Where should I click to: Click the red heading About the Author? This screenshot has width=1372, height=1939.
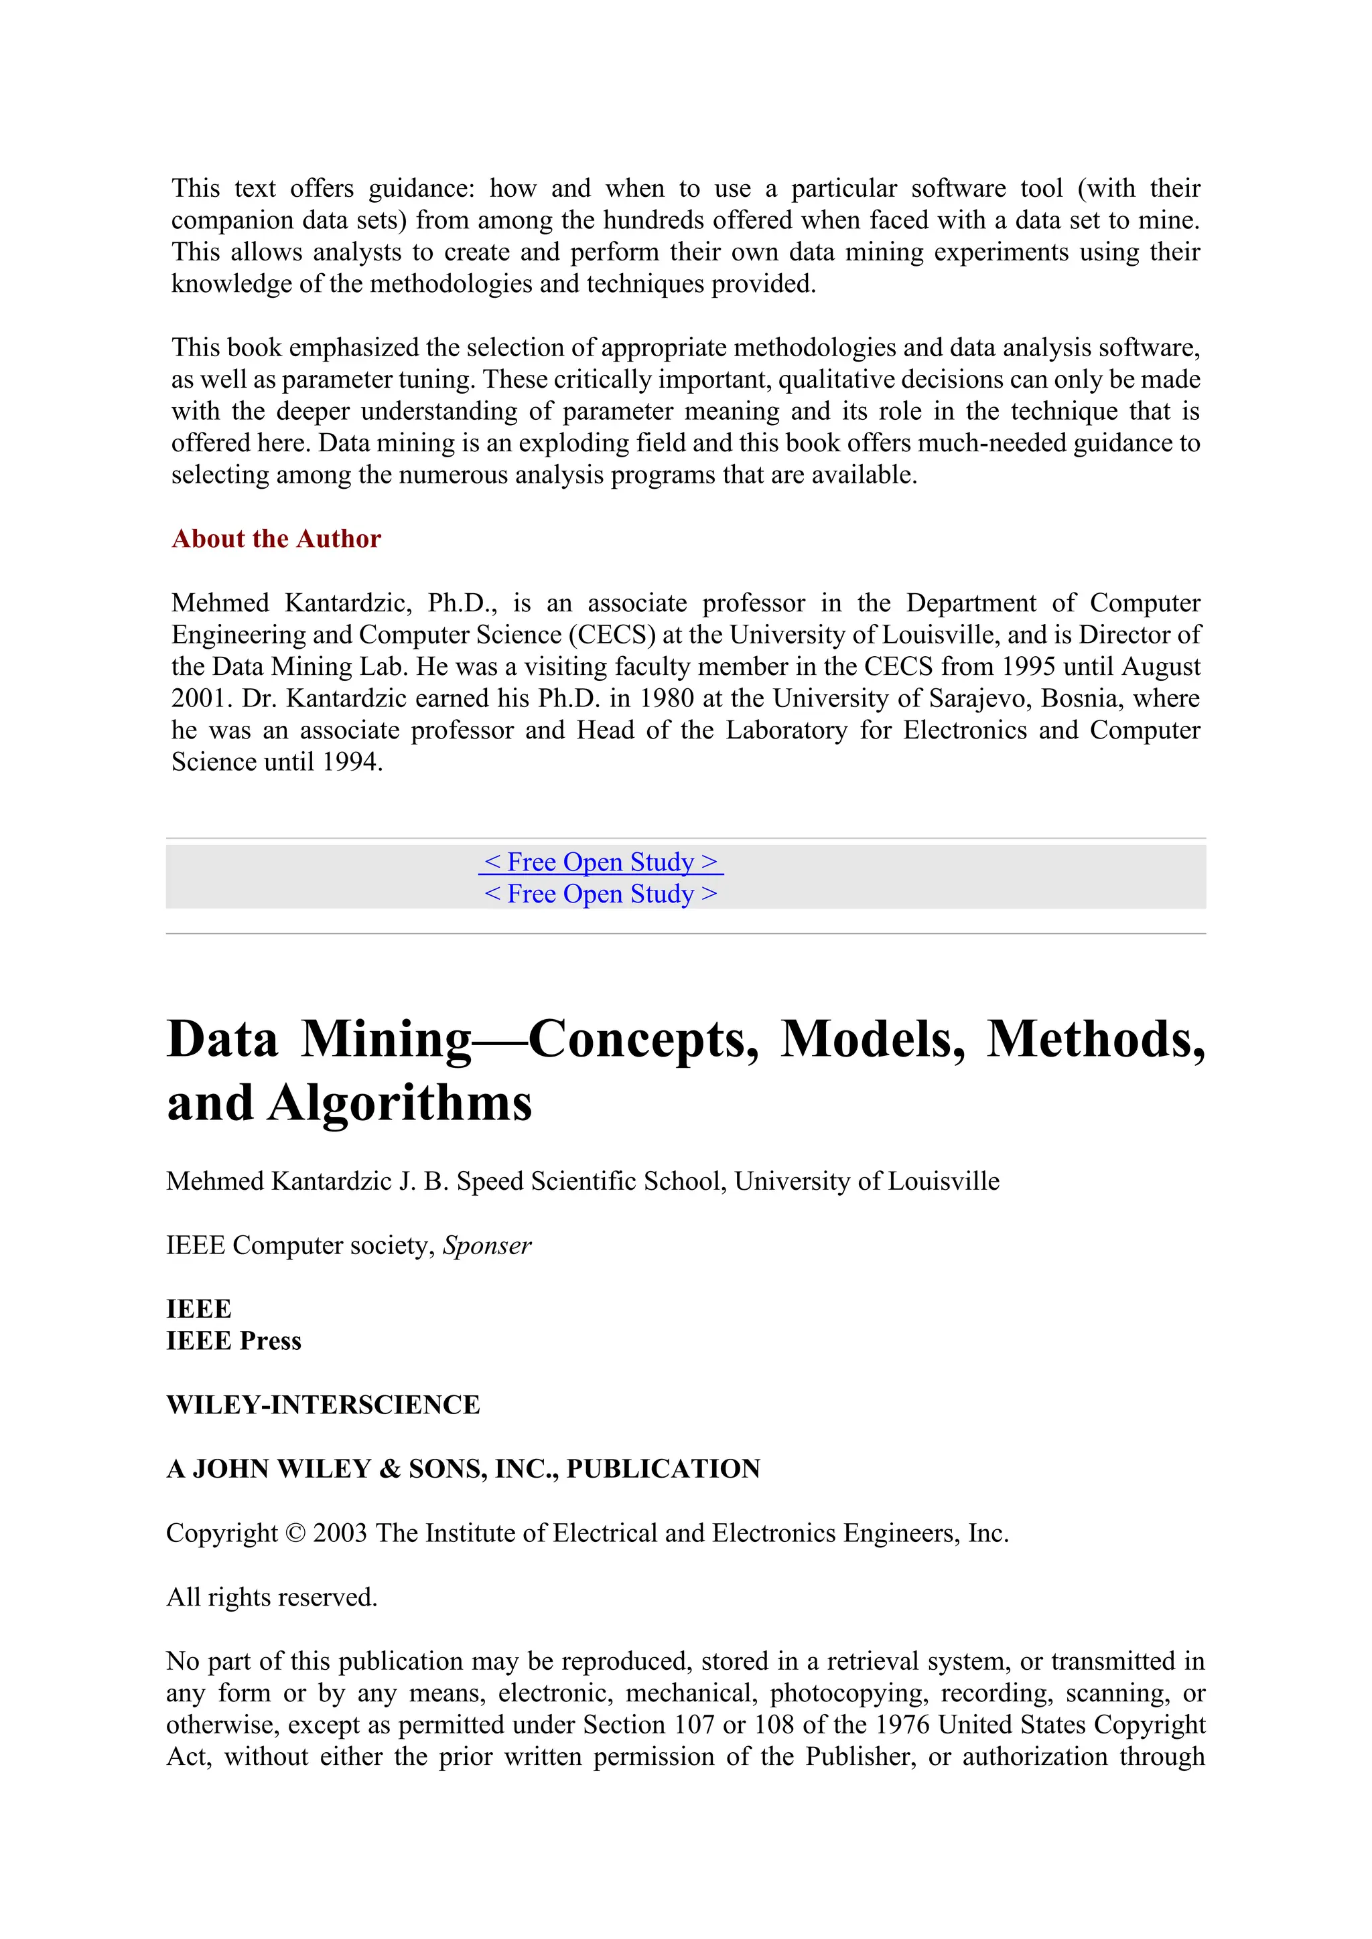click(x=276, y=539)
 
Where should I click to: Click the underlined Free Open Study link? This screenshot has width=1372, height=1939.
click(x=601, y=862)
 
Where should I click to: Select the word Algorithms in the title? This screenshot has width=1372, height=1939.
click(x=399, y=1103)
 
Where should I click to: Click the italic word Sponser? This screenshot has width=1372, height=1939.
click(x=488, y=1245)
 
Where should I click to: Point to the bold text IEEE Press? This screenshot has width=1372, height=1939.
click(x=234, y=1341)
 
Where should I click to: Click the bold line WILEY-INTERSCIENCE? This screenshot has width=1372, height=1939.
click(x=323, y=1405)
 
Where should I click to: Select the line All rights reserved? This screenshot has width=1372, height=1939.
click(x=271, y=1598)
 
